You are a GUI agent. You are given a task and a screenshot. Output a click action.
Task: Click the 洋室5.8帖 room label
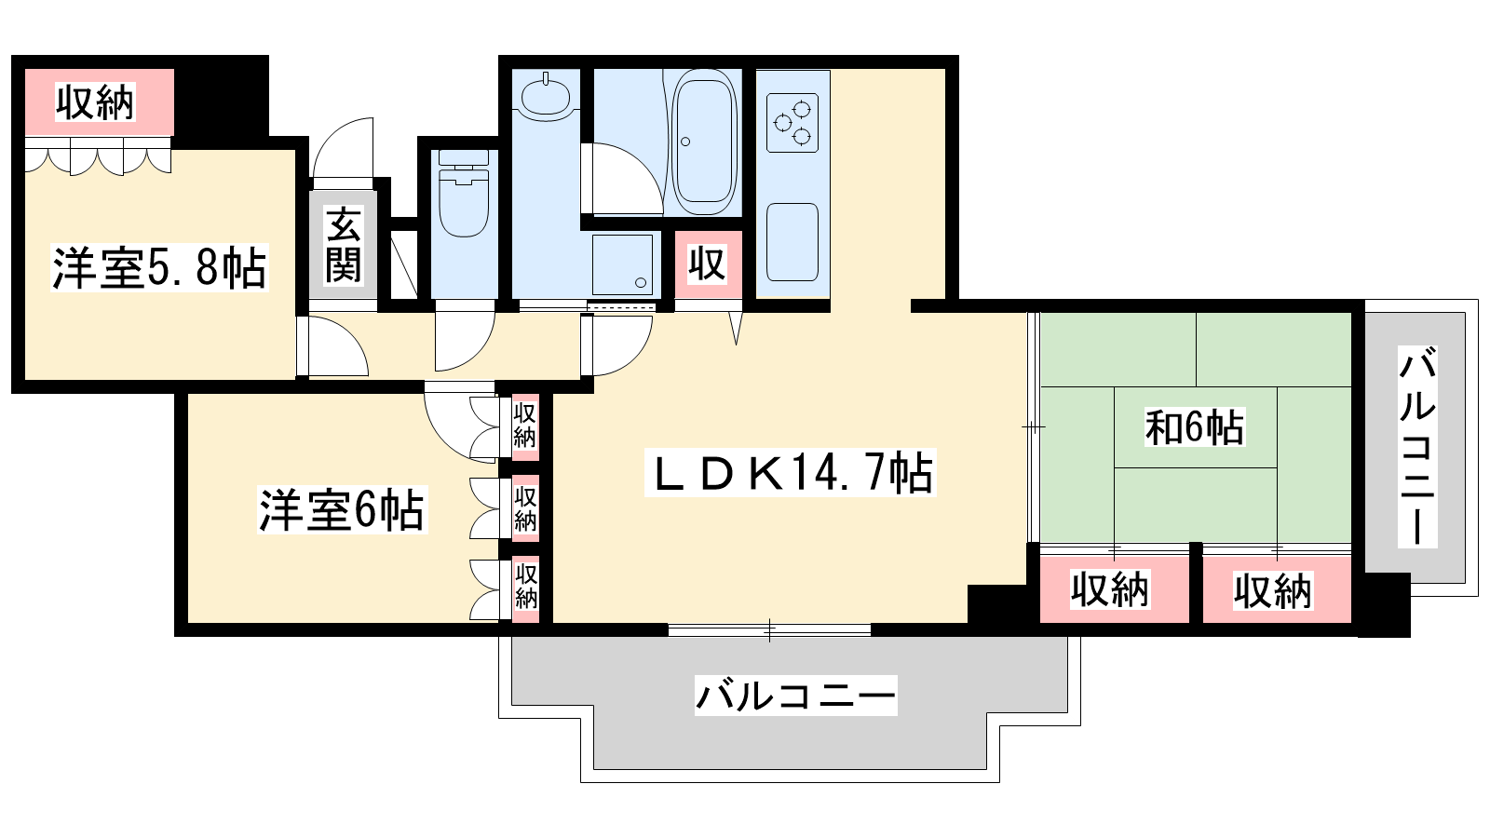pyautogui.click(x=159, y=267)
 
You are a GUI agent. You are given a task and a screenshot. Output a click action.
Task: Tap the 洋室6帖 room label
pyautogui.click(x=342, y=510)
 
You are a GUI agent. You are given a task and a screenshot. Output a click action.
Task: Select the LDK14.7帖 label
pyautogui.click(x=791, y=473)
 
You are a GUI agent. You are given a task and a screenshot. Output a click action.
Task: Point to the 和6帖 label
pyautogui.click(x=1194, y=427)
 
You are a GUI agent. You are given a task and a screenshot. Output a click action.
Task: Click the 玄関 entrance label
pyautogui.click(x=344, y=245)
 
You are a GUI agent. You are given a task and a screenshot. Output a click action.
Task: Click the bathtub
pyautogui.click(x=704, y=142)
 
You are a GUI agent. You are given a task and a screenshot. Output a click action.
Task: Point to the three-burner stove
pyautogui.click(x=792, y=123)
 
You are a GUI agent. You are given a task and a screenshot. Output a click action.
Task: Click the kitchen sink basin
pyautogui.click(x=792, y=242)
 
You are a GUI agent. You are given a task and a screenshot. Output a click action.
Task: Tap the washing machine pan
pyautogui.click(x=623, y=264)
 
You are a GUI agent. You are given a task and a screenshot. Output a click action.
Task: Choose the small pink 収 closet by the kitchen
pyautogui.click(x=708, y=264)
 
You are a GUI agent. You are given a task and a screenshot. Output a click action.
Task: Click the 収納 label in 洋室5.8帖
pyautogui.click(x=95, y=102)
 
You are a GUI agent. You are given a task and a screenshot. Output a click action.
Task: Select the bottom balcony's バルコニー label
pyautogui.click(x=795, y=696)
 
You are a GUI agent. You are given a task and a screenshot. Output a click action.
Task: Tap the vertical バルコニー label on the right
pyautogui.click(x=1416, y=446)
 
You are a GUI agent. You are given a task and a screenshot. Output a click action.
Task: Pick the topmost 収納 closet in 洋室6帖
pyautogui.click(x=525, y=426)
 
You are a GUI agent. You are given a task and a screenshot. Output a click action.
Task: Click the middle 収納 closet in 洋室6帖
pyautogui.click(x=525, y=508)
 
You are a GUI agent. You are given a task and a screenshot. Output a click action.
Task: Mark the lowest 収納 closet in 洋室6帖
pyautogui.click(x=525, y=588)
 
